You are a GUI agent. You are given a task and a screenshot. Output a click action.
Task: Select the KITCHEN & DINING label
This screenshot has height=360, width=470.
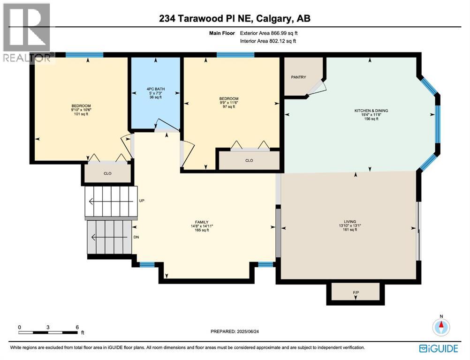[x=371, y=111]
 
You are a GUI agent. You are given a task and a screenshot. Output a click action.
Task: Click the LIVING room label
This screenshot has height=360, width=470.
[x=349, y=222]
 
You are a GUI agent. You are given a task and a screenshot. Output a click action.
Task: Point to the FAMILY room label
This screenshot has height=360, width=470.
[x=202, y=222]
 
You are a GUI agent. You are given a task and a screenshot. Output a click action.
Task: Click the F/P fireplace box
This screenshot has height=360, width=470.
[x=356, y=292]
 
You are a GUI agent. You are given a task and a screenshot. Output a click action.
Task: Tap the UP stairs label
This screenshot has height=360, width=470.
[x=142, y=201]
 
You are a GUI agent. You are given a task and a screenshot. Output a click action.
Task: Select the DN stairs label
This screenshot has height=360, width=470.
[x=136, y=237]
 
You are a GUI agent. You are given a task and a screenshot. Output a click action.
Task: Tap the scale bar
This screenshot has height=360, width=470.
[x=48, y=332]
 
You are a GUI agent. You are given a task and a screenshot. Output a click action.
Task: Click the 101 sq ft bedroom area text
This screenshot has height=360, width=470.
[x=81, y=113]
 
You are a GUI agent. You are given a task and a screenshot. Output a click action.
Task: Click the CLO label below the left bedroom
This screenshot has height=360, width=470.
[x=107, y=173]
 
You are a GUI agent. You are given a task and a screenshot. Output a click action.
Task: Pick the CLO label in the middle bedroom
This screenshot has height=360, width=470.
[x=249, y=160]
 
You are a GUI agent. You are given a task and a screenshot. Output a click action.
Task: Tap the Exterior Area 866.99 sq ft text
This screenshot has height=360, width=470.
[x=268, y=33]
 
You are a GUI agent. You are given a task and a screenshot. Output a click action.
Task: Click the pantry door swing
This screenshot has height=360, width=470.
[x=317, y=88]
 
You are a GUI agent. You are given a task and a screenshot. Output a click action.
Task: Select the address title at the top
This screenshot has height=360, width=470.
[x=235, y=19]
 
